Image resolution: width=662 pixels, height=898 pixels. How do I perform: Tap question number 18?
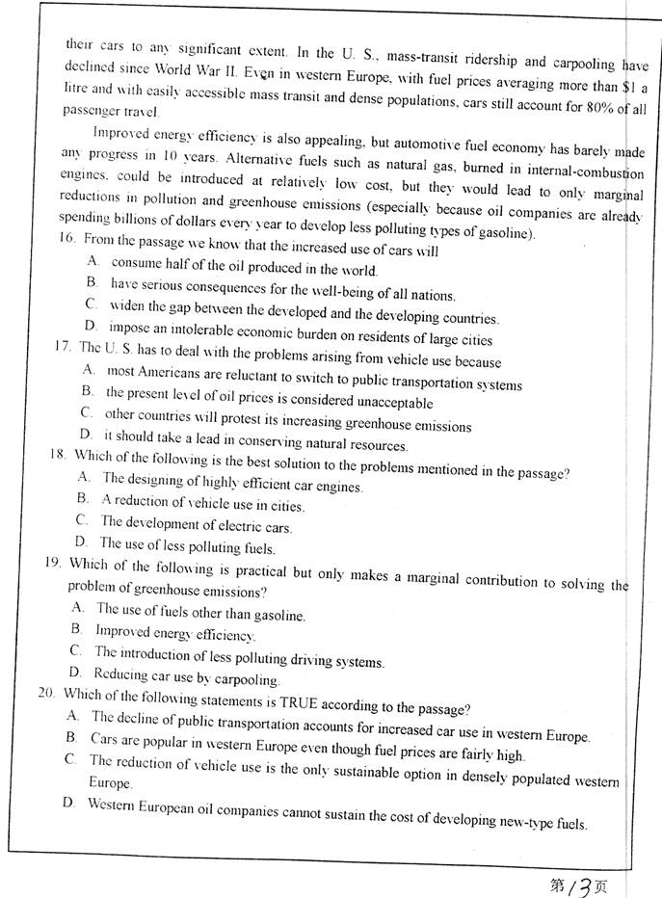pyautogui.click(x=59, y=456)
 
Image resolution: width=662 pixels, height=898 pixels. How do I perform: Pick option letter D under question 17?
pyautogui.click(x=86, y=435)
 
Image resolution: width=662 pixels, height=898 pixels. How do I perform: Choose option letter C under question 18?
pyautogui.click(x=82, y=521)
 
